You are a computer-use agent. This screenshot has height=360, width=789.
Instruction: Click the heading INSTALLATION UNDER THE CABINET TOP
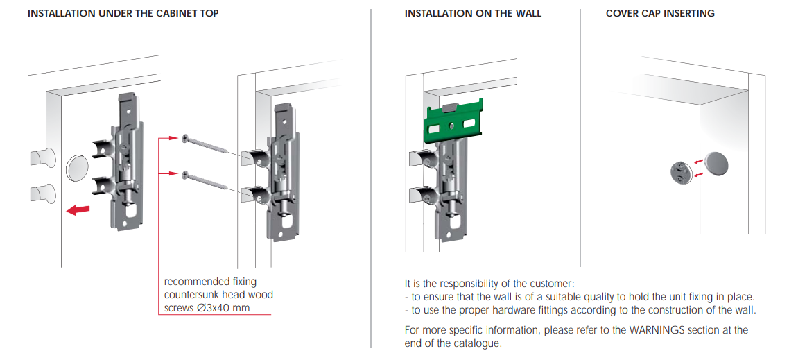tap(123, 14)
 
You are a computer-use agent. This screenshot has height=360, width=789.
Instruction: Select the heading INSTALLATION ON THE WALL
tap(473, 14)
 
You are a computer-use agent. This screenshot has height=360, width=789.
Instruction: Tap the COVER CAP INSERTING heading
tap(660, 14)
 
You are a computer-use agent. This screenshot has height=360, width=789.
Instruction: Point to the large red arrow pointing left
tap(78, 209)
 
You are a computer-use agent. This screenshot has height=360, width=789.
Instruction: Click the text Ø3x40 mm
tap(223, 308)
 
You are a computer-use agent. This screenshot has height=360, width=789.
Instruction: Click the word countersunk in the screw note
tap(193, 295)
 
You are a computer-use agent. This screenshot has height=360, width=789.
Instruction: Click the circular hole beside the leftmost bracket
tap(76, 167)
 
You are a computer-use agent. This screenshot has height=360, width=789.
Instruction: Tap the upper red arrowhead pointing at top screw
tap(173, 137)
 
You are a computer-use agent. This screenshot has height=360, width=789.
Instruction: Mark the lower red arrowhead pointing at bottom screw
tap(173, 173)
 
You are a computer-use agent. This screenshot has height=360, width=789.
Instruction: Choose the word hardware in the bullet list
tap(505, 310)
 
